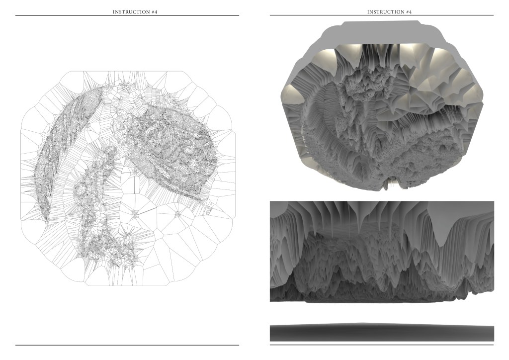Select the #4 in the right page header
coord(409,12)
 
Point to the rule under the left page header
coord(127,15)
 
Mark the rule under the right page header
coord(382,15)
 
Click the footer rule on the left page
coord(127,345)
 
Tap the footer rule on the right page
coord(382,345)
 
